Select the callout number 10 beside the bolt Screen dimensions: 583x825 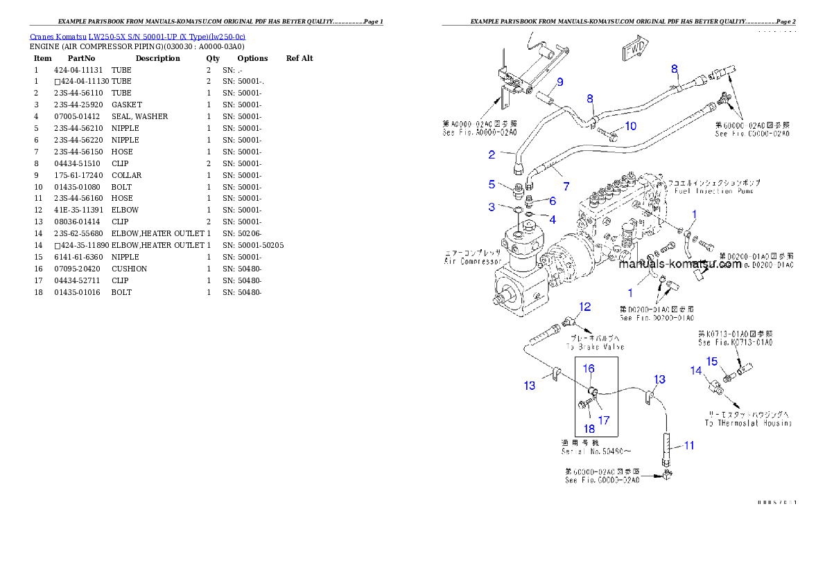click(630, 126)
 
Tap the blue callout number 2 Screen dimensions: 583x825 click(492, 155)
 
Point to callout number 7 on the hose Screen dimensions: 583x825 click(566, 186)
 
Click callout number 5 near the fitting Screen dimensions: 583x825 click(492, 184)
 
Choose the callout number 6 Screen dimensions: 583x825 click(553, 201)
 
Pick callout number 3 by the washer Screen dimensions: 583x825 click(492, 207)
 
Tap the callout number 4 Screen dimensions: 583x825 click(553, 219)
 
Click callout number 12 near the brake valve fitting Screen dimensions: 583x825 click(585, 307)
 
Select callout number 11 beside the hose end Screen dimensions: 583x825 click(688, 445)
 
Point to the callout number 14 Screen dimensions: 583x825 click(696, 370)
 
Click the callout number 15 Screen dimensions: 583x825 click(711, 361)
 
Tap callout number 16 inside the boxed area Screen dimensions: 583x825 click(588, 369)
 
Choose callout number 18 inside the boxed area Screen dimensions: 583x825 click(588, 429)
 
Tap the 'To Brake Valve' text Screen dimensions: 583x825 click(595, 347)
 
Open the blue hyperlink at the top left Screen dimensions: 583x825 click(137, 37)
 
